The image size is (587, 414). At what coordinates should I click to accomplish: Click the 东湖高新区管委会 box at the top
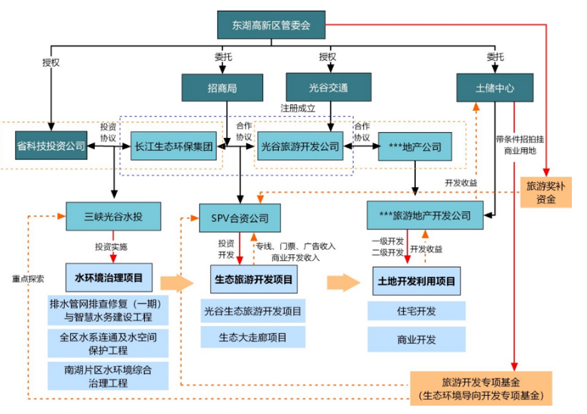click(272, 25)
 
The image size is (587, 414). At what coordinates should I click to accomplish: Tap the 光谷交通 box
click(328, 87)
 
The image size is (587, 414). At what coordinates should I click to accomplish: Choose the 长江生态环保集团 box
click(174, 146)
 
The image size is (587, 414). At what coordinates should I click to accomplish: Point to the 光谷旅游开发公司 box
click(299, 146)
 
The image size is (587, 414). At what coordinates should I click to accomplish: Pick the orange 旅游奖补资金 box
click(549, 192)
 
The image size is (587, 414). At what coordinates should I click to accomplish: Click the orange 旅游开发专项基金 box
click(481, 388)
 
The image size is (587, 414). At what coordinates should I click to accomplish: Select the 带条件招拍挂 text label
click(520, 140)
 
